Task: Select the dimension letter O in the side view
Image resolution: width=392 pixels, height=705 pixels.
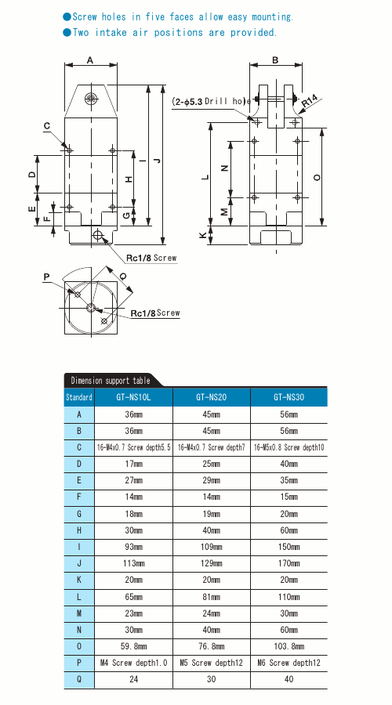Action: click(x=317, y=178)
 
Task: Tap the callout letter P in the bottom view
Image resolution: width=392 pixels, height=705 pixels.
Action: click(x=46, y=277)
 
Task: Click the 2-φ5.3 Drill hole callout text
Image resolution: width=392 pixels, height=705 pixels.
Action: click(x=211, y=102)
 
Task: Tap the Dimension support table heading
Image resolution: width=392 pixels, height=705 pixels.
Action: click(x=109, y=381)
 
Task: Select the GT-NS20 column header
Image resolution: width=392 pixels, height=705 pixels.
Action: click(x=211, y=397)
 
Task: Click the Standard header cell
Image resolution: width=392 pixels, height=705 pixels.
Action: click(x=78, y=397)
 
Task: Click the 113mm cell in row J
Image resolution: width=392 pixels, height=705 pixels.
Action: click(x=132, y=563)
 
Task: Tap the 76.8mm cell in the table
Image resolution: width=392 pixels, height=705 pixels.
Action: click(x=211, y=647)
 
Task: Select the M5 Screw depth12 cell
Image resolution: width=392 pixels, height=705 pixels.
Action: click(x=211, y=663)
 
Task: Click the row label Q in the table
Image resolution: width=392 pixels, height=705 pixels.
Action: click(x=78, y=680)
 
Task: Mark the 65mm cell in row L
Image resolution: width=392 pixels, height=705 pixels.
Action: click(x=132, y=597)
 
